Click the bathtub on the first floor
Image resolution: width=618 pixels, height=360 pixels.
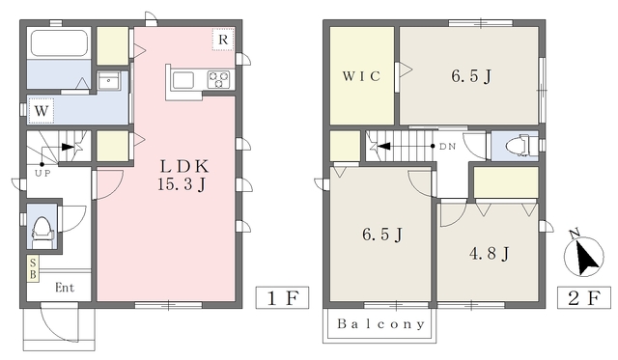click(59, 42)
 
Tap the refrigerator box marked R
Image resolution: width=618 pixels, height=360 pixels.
click(223, 40)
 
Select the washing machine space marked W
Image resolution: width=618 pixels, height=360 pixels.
click(41, 111)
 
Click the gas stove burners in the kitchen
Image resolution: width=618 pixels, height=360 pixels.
click(218, 79)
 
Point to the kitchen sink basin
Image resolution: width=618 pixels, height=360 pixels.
click(183, 80)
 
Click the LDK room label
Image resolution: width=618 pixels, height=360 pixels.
click(184, 167)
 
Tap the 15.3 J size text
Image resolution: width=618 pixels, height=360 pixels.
click(182, 184)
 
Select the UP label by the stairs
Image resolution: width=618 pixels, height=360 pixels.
click(42, 174)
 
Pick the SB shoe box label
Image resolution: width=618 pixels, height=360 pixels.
click(33, 268)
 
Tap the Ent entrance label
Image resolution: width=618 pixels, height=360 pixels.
click(65, 288)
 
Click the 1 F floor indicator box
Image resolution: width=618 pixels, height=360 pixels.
click(282, 298)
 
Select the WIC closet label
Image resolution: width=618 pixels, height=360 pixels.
click(361, 76)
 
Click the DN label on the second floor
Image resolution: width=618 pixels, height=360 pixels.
click(447, 147)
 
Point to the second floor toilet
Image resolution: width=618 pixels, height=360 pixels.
click(518, 146)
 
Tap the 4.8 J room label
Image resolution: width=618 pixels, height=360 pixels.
click(490, 253)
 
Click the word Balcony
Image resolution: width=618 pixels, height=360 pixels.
click(381, 324)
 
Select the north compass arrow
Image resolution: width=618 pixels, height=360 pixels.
click(584, 257)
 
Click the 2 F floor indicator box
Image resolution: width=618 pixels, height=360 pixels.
click(583, 298)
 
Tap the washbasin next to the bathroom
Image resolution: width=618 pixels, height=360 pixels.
click(109, 81)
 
